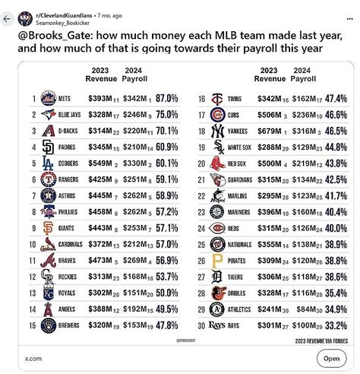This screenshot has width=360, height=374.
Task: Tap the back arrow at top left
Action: pos(8,17)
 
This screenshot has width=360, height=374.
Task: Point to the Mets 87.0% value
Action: pos(166,99)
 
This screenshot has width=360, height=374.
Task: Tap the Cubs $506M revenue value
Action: pos(264,115)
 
